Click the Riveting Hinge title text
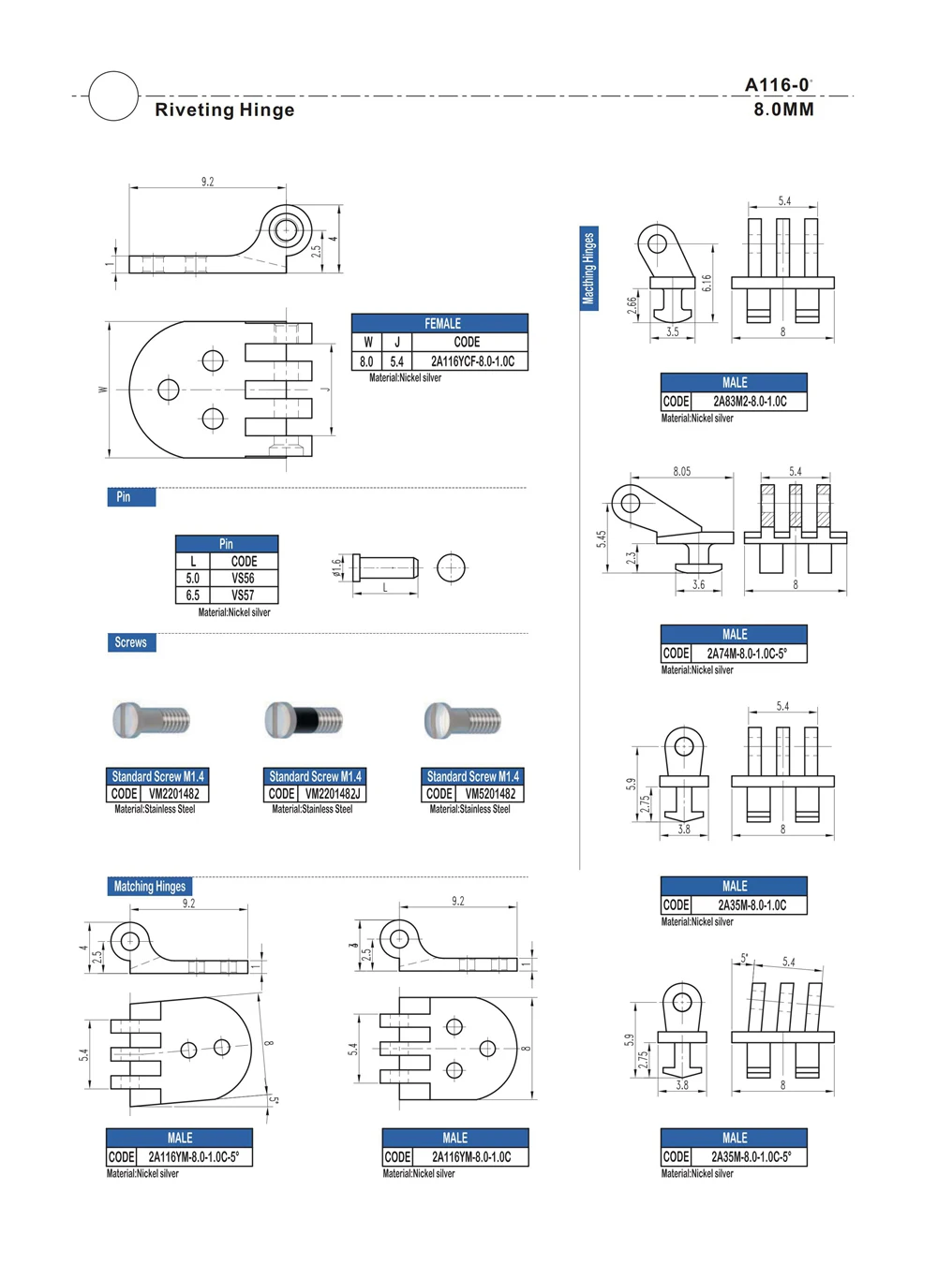click(x=224, y=110)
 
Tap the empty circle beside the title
click(x=113, y=96)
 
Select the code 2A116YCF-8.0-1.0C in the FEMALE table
click(x=471, y=361)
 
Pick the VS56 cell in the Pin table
click(x=243, y=579)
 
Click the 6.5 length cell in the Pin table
click(x=192, y=595)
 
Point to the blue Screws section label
click(x=131, y=642)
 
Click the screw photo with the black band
click(x=304, y=720)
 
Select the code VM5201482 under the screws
click(x=490, y=794)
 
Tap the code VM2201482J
click(x=333, y=794)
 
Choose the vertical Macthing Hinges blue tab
click(x=588, y=269)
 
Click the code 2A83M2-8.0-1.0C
click(x=750, y=402)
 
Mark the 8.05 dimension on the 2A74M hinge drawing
click(x=681, y=472)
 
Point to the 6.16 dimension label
click(x=707, y=283)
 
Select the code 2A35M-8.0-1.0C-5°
click(x=750, y=1157)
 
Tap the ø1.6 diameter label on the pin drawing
click(x=336, y=567)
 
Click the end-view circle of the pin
click(x=451, y=568)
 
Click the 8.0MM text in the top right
click(x=783, y=110)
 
